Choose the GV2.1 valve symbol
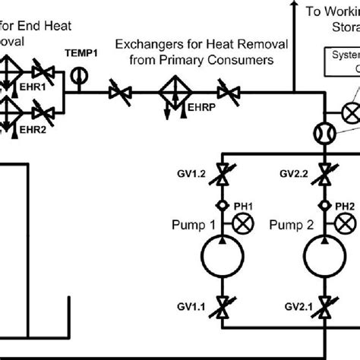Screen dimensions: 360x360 pyautogui.click(x=325, y=309)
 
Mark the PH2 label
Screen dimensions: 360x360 pyautogui.click(x=345, y=206)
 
